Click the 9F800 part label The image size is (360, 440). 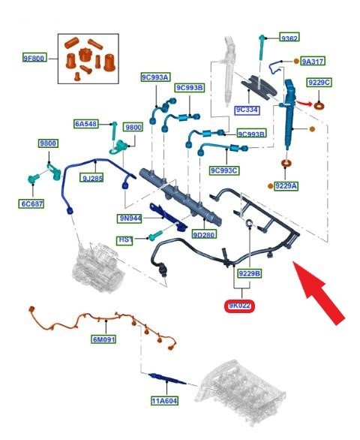click(34, 58)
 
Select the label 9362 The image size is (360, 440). click(289, 37)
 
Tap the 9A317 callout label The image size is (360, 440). click(313, 61)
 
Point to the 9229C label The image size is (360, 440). click(319, 83)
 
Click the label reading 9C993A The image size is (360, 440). click(155, 77)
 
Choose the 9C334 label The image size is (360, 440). click(247, 110)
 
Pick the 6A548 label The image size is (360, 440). click(86, 123)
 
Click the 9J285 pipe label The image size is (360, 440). click(91, 178)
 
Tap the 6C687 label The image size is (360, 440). click(32, 203)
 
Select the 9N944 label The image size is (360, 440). click(130, 218)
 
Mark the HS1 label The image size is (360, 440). click(125, 240)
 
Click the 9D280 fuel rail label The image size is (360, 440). click(204, 234)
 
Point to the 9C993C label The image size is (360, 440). click(224, 170)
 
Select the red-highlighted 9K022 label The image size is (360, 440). click(239, 306)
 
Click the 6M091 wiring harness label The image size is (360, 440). click(103, 339)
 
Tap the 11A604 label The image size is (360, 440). click(164, 401)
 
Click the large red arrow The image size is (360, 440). click(318, 292)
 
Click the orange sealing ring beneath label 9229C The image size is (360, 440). click(319, 106)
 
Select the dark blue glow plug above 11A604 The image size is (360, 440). click(167, 378)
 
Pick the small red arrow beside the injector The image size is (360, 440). click(304, 103)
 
